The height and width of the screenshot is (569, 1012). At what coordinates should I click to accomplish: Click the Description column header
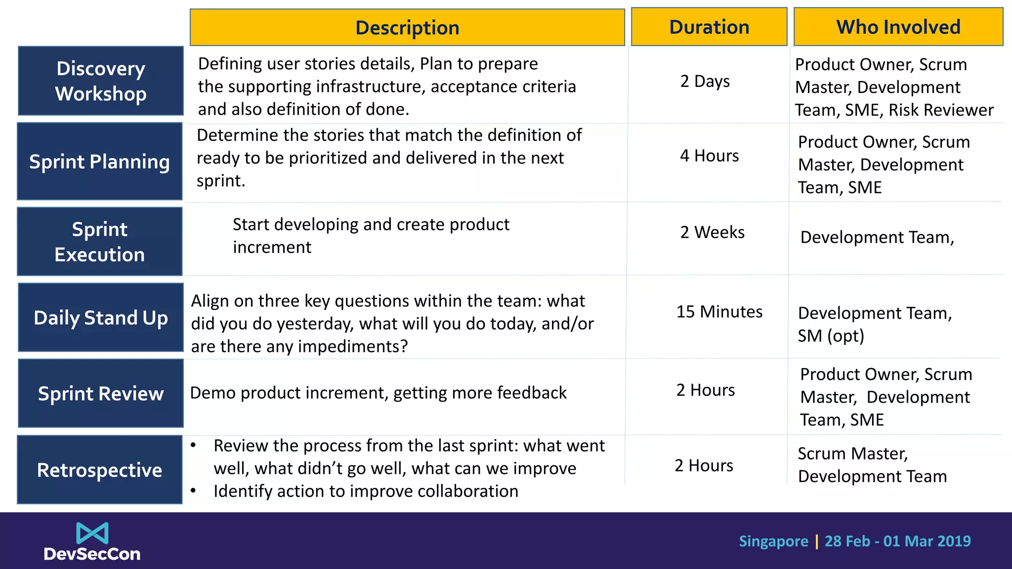[407, 28]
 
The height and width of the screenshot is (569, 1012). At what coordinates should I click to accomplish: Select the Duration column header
[709, 27]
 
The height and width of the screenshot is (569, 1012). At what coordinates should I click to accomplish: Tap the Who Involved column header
[898, 27]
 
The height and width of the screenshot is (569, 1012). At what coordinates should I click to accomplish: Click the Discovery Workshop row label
[101, 81]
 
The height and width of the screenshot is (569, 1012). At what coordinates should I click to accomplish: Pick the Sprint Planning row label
[100, 162]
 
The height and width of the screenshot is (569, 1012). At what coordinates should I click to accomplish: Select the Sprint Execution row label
[100, 242]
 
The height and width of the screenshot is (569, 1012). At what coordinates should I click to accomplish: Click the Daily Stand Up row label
[101, 318]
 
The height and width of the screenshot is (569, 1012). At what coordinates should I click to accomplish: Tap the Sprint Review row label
[101, 394]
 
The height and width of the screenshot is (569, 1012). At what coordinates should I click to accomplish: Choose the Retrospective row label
[100, 470]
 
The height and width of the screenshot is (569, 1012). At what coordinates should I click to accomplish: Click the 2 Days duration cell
[705, 81]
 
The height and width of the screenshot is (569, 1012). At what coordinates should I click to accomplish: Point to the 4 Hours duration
[709, 156]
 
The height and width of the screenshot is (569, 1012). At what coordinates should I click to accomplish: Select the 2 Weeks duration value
[712, 232]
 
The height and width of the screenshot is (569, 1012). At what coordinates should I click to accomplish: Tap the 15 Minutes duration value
[719, 312]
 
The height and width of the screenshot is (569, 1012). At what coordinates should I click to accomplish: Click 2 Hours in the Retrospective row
[704, 465]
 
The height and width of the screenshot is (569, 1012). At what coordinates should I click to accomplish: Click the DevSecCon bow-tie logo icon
[92, 533]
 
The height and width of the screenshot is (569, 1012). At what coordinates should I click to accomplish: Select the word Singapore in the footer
[773, 541]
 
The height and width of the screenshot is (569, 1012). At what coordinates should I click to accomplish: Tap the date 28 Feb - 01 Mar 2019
[897, 541]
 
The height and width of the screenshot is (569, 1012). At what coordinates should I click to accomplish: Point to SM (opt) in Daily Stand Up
[831, 336]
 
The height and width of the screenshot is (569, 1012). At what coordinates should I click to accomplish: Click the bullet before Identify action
[194, 491]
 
